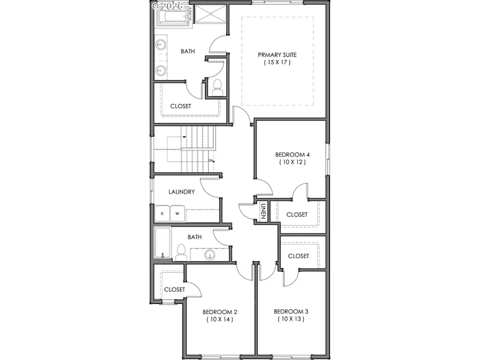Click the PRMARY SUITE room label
coord(277,54)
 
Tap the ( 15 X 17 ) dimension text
coord(277,62)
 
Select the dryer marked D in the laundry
coord(162,214)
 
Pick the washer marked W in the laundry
coord(177,214)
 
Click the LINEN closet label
coord(263,211)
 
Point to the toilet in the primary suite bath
coord(217,88)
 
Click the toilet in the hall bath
coord(181,252)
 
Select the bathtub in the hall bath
coord(163,243)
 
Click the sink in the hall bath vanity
coord(210,255)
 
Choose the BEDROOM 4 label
coord(292,155)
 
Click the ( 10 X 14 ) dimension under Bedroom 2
coord(220,319)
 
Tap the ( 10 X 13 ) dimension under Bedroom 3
coord(291,319)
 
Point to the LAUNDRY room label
coord(181,192)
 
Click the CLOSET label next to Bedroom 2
coord(174,290)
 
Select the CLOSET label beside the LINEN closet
coord(297,214)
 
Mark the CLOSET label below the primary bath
coord(180,106)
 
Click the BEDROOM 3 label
coord(291,311)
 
